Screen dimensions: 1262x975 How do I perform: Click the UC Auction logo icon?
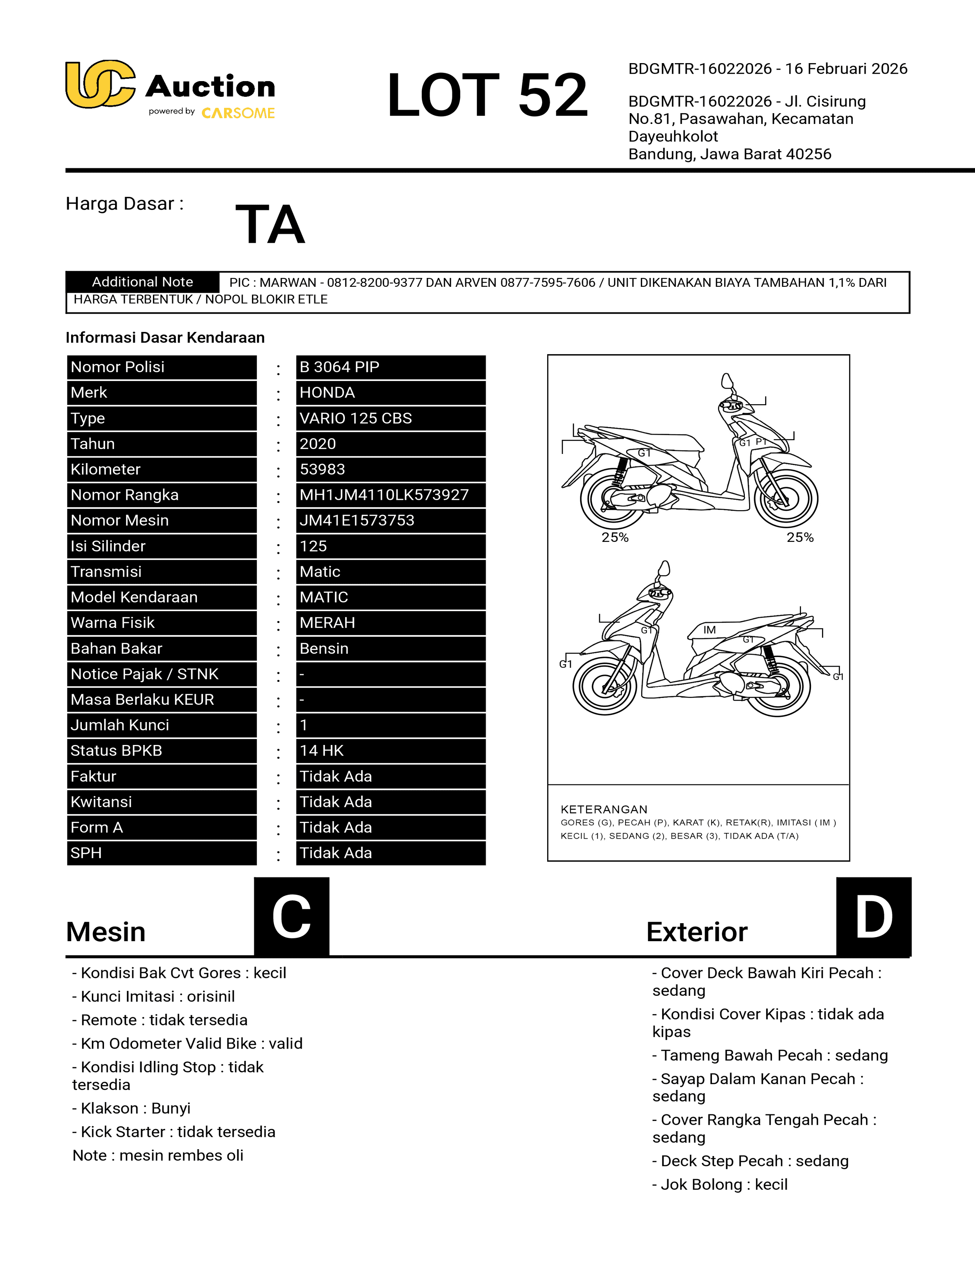(x=101, y=85)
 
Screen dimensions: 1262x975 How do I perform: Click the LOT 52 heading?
(x=487, y=95)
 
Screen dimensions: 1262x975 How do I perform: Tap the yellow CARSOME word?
(x=238, y=113)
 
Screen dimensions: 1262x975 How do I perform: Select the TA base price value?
(x=270, y=225)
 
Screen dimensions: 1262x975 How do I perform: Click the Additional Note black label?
(x=143, y=282)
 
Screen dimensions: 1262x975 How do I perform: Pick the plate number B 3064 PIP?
(x=339, y=367)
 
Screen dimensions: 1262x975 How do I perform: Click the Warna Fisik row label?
(x=113, y=623)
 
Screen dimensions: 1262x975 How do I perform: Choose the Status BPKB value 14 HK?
(x=321, y=751)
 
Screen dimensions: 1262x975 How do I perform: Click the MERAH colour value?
(x=327, y=623)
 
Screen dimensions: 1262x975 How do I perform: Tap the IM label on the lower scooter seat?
(x=709, y=630)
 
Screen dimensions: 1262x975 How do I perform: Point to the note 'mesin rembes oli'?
(x=158, y=1156)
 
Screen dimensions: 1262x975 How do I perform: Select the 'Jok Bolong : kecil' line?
(x=720, y=1185)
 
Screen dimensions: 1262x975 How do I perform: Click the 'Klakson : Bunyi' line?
(x=131, y=1108)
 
